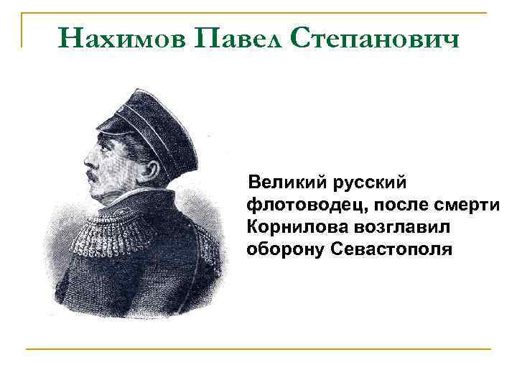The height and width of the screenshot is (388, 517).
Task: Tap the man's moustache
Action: (94, 175)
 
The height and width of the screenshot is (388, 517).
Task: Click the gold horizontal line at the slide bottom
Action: (258, 349)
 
